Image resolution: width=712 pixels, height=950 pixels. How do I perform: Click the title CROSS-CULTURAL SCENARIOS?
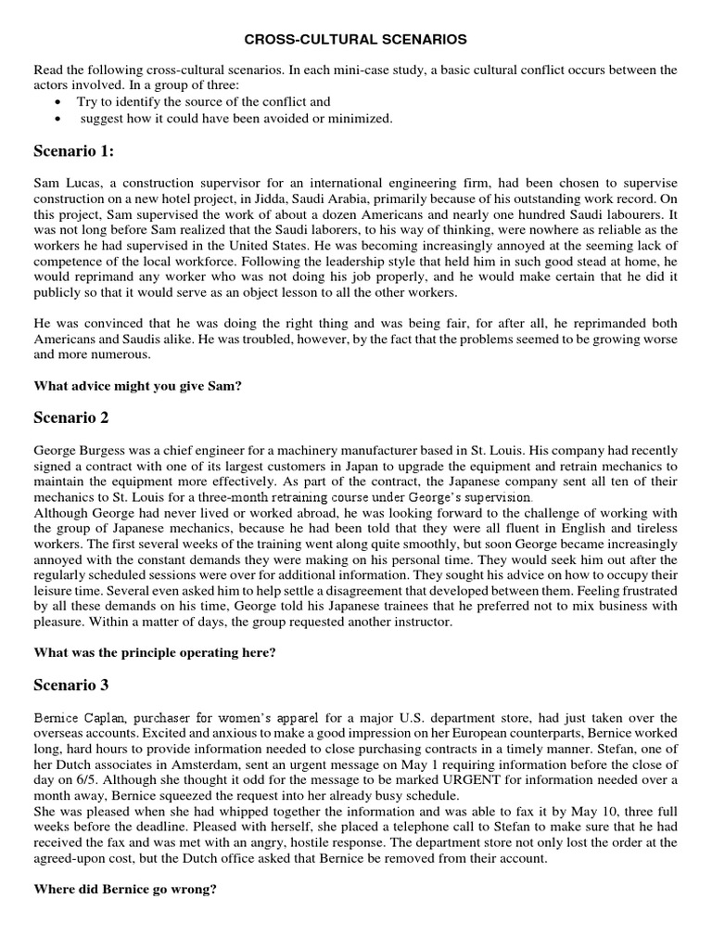pyautogui.click(x=356, y=40)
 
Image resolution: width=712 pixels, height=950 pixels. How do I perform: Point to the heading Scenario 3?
pyautogui.click(x=70, y=685)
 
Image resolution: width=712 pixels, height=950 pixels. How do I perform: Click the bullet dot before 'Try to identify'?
pyautogui.click(x=59, y=102)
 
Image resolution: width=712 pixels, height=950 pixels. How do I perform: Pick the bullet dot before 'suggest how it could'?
pyautogui.click(x=59, y=119)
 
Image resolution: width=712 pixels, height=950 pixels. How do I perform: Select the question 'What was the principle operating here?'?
pyautogui.click(x=155, y=652)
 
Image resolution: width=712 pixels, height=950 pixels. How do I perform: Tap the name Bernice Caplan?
pyautogui.click(x=81, y=718)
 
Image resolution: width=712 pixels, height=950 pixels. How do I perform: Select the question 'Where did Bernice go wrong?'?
pyautogui.click(x=125, y=890)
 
